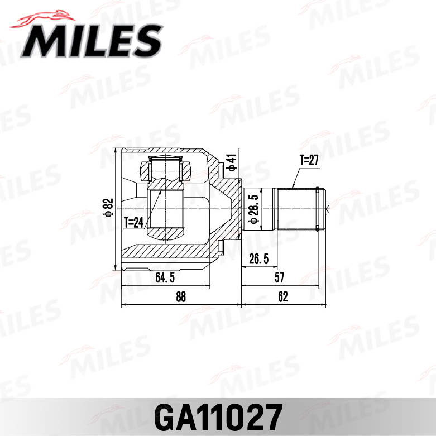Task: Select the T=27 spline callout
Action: [x=308, y=161]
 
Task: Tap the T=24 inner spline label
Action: [x=134, y=222]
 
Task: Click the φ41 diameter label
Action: [x=229, y=161]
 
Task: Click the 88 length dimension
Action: [x=180, y=296]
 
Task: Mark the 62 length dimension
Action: [x=282, y=296]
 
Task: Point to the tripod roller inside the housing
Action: [x=166, y=168]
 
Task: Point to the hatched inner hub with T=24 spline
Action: [x=166, y=209]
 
